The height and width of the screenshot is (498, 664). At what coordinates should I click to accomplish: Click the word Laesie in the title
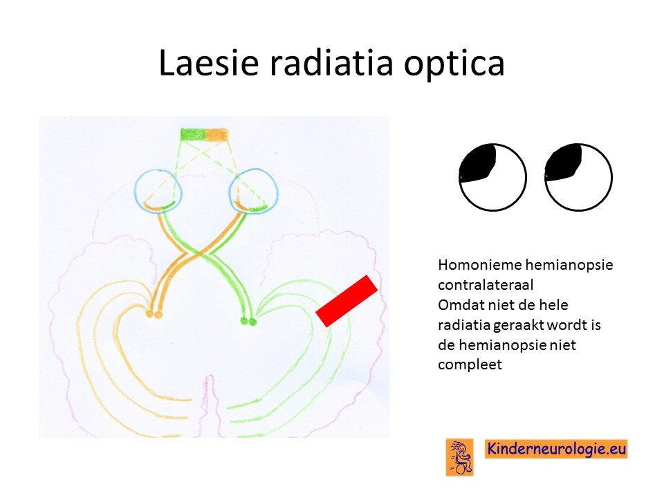(x=209, y=62)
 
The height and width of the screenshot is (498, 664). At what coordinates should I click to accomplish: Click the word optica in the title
(x=454, y=64)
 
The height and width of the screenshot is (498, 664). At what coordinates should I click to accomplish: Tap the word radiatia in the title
(x=331, y=63)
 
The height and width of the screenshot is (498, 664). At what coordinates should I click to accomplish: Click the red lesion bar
(x=347, y=301)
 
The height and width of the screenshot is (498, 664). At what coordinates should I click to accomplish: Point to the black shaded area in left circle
(x=478, y=164)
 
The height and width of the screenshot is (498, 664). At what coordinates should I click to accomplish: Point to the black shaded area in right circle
(x=563, y=163)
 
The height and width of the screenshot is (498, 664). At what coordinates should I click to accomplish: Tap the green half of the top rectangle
(x=193, y=134)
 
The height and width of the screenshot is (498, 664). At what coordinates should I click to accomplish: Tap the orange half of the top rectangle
(x=216, y=134)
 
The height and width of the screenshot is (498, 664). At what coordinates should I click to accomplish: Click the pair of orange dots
(x=154, y=315)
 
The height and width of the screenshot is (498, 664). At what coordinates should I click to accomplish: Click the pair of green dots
(x=248, y=322)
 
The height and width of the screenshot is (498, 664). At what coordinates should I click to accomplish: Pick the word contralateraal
(x=486, y=285)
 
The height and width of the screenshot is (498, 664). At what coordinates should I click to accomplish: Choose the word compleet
(x=470, y=365)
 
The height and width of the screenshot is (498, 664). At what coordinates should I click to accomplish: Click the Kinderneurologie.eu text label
(x=556, y=449)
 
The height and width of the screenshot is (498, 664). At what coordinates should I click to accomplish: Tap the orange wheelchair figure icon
(x=460, y=457)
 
